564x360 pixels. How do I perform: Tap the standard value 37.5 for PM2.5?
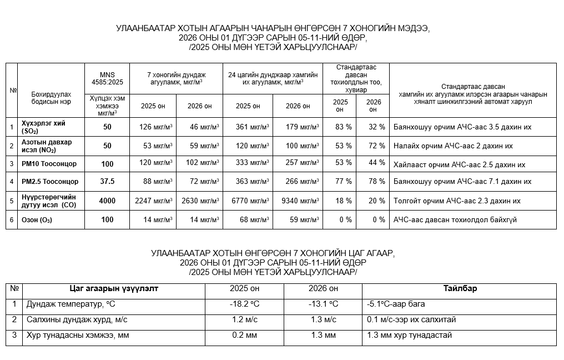107,181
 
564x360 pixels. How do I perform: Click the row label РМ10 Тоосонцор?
49,164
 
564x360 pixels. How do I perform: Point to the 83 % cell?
344,127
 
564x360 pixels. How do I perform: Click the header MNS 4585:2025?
107,78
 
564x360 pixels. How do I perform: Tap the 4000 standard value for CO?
107,201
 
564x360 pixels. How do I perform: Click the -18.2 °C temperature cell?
244,304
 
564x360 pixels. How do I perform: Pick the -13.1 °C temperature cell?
323,304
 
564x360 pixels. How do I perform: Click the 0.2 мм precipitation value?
244,335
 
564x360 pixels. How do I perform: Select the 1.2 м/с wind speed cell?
244,319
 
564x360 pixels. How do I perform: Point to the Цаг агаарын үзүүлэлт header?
114,288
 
